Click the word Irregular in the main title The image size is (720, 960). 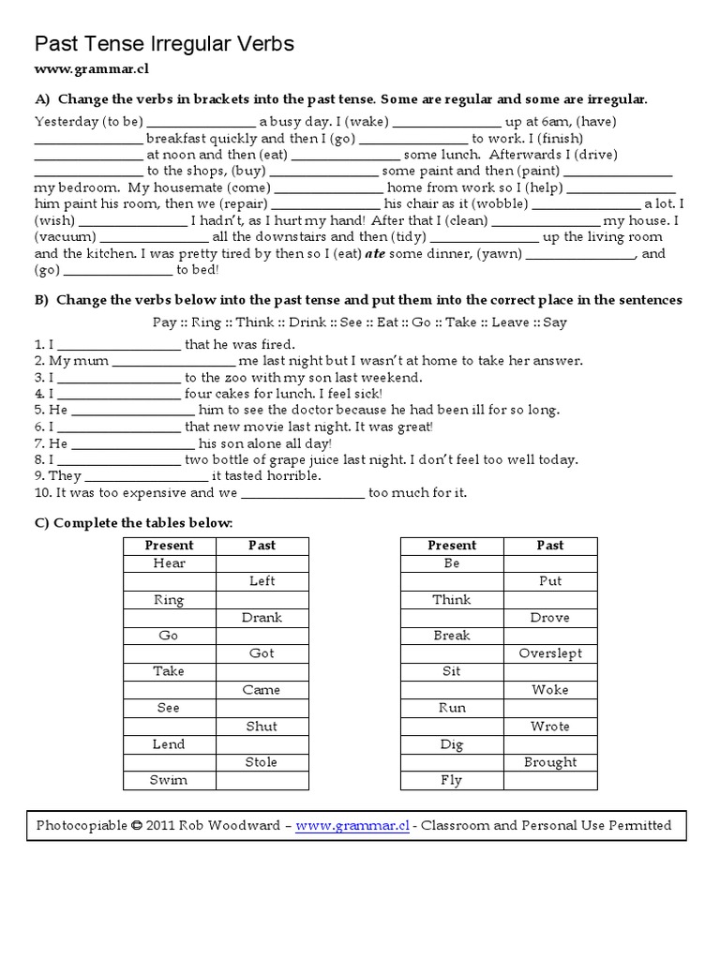(x=188, y=44)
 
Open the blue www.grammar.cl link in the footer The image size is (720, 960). (x=352, y=826)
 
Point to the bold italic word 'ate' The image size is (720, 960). (x=375, y=253)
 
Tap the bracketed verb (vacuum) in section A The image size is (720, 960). (x=66, y=237)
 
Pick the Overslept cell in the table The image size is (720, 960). (x=550, y=653)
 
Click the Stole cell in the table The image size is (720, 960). (x=262, y=762)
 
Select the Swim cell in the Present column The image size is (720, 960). (x=170, y=780)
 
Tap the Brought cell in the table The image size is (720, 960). (x=550, y=762)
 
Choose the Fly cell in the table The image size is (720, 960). (x=452, y=780)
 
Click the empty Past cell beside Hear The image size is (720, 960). (x=262, y=563)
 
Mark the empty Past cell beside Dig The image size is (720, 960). (x=550, y=744)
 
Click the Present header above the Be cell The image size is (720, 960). (x=452, y=545)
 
